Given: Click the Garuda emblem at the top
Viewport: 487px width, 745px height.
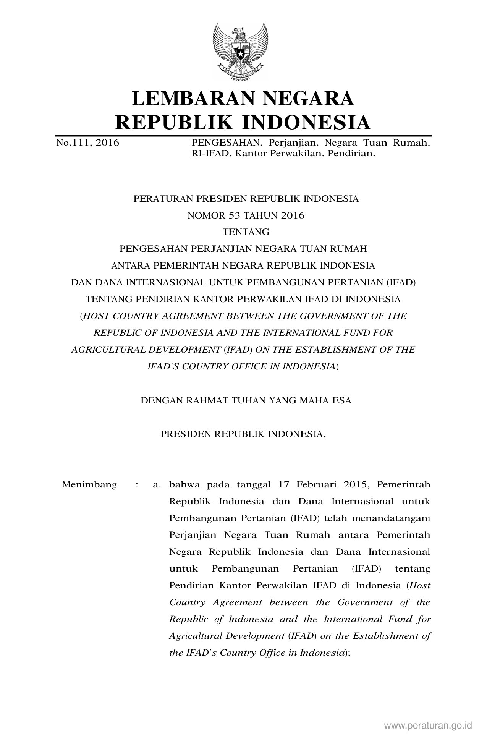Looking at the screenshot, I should pos(240,51).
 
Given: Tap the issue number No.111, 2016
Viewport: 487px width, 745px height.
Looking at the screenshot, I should pos(87,143).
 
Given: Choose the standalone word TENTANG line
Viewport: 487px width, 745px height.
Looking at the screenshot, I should pos(246,232).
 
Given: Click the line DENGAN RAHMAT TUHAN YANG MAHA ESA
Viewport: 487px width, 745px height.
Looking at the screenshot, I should pos(246,401).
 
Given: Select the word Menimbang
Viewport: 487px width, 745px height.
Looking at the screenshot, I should pos(89,485).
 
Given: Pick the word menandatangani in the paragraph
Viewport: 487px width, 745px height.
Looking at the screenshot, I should pos(391,518).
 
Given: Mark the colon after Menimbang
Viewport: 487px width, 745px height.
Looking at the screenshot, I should pos(136,485).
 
